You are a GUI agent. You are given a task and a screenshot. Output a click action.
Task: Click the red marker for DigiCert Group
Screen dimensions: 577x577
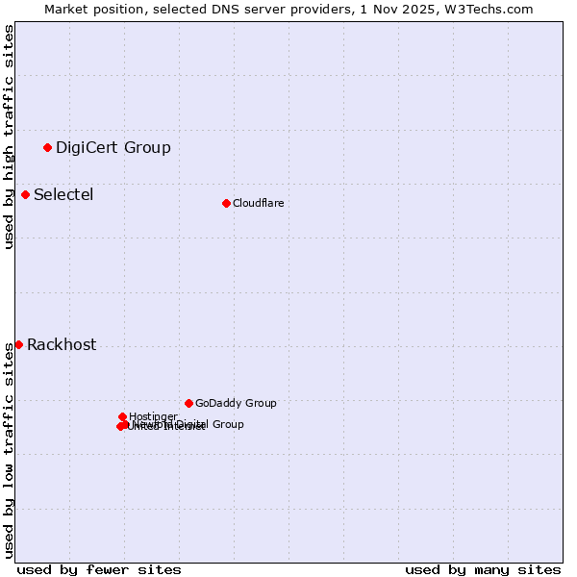47,147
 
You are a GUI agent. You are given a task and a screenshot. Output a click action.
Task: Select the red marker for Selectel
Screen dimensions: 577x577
26,194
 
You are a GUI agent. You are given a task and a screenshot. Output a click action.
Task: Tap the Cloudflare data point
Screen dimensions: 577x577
226,203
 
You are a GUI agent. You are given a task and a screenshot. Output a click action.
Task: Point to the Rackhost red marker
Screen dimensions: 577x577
18,344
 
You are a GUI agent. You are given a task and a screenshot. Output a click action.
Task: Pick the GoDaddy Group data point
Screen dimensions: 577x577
188,403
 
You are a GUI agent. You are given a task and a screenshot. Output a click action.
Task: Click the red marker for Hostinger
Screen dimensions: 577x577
123,416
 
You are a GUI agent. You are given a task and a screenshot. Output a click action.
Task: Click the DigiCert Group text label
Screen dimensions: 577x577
113,147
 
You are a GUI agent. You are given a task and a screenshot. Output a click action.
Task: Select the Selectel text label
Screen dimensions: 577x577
63,194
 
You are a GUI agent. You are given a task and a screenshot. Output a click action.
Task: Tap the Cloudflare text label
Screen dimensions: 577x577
259,203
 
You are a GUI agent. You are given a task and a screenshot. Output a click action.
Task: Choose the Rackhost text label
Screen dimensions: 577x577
62,344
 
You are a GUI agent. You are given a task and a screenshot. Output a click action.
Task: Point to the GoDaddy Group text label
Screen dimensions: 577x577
236,403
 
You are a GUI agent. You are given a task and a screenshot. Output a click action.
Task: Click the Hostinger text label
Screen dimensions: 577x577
154,416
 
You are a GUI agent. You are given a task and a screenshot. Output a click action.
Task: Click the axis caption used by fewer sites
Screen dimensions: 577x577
99,569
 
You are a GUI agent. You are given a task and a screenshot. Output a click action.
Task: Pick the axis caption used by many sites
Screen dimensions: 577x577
483,569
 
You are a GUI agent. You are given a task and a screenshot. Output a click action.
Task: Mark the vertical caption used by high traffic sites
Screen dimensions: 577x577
9,137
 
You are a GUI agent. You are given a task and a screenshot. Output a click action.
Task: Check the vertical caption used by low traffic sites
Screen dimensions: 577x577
9,450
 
